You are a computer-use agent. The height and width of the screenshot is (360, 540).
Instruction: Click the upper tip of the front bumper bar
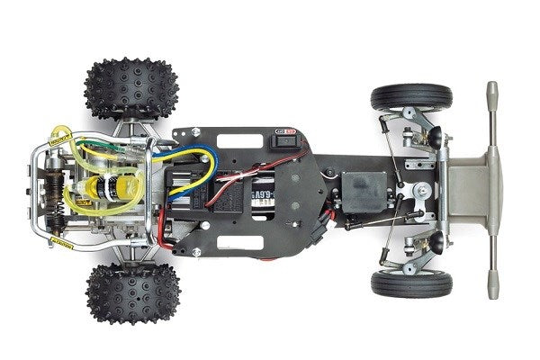click(492, 90)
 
